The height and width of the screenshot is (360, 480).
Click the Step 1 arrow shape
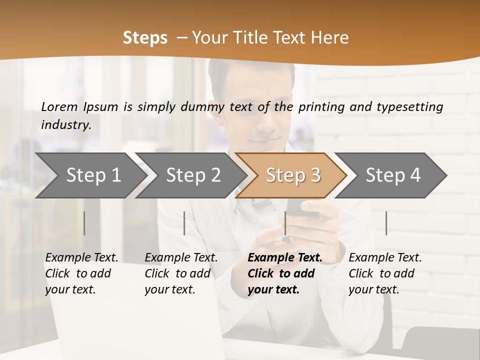click(x=90, y=175)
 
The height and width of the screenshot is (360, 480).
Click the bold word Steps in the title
click(x=145, y=37)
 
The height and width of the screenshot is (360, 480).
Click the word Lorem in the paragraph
click(x=59, y=106)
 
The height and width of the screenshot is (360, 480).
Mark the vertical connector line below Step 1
click(x=84, y=223)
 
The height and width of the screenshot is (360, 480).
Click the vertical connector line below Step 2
click(x=184, y=223)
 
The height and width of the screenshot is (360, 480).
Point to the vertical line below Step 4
click(x=386, y=223)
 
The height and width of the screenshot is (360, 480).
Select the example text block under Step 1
click(x=81, y=273)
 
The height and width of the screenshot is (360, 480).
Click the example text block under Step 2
click(x=181, y=273)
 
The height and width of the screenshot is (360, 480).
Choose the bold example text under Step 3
click(x=284, y=273)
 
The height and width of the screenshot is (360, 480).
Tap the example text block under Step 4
click(x=385, y=273)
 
